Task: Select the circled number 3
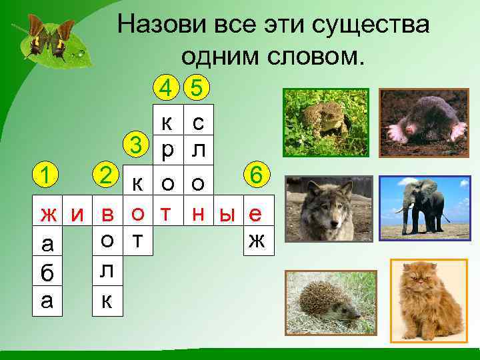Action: tap(136, 145)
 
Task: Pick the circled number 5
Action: tap(197, 87)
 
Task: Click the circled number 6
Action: tap(255, 175)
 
